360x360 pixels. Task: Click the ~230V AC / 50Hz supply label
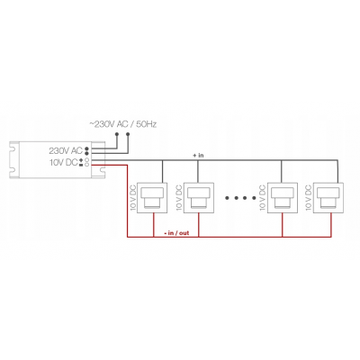click(x=123, y=124)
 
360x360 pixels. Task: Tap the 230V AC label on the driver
click(x=66, y=150)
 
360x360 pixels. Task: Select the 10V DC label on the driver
click(x=64, y=162)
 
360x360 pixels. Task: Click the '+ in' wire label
click(x=198, y=156)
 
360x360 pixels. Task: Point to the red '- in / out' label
click(x=176, y=233)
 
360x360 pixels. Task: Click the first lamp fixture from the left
click(x=152, y=198)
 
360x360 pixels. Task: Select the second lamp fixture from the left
click(x=198, y=198)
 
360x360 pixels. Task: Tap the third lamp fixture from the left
click(x=283, y=198)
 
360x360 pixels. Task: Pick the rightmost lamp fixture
click(x=328, y=198)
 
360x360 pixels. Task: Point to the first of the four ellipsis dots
click(x=227, y=198)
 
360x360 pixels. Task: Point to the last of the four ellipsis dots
click(x=254, y=198)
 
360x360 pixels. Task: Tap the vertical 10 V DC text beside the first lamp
click(x=133, y=198)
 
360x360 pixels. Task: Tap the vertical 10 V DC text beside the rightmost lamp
click(x=308, y=198)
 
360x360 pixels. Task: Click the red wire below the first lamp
click(x=154, y=225)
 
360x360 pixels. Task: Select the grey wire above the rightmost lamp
click(x=338, y=172)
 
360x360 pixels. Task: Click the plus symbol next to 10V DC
click(x=81, y=160)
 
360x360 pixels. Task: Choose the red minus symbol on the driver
click(x=81, y=165)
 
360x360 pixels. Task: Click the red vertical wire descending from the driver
click(x=128, y=201)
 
